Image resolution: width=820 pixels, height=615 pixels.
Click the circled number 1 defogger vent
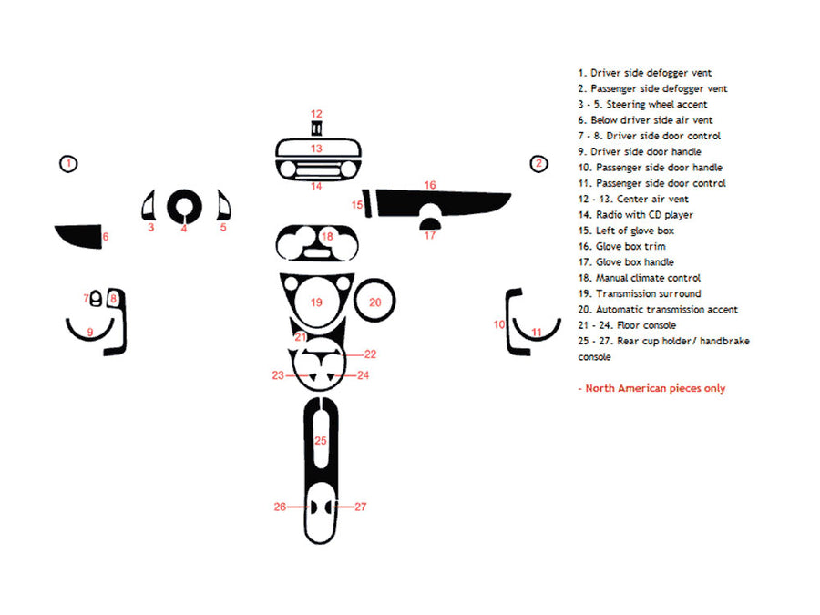pyautogui.click(x=68, y=164)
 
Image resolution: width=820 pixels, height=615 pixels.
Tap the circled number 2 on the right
pyautogui.click(x=538, y=164)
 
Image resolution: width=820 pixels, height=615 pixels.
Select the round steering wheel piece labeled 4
pyautogui.click(x=183, y=208)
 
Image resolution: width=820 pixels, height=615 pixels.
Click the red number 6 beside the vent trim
pyautogui.click(x=106, y=237)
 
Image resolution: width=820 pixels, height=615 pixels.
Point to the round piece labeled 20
pyautogui.click(x=374, y=302)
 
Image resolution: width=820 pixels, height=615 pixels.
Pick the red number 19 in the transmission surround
pyautogui.click(x=316, y=302)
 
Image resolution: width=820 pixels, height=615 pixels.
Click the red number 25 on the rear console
pyautogui.click(x=320, y=440)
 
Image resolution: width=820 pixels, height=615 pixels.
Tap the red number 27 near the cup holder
pyautogui.click(x=360, y=507)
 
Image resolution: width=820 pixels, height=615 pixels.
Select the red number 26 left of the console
pyautogui.click(x=280, y=507)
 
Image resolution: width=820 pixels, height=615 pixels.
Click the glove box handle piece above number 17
pyautogui.click(x=430, y=219)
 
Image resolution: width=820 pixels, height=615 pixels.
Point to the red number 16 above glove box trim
pyautogui.click(x=430, y=185)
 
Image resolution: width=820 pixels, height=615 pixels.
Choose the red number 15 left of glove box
pyautogui.click(x=358, y=205)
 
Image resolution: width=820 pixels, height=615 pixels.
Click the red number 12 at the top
pyautogui.click(x=316, y=114)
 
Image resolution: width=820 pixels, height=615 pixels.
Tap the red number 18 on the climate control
pyautogui.click(x=327, y=237)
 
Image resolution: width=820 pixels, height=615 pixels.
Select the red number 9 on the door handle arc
pyautogui.click(x=90, y=331)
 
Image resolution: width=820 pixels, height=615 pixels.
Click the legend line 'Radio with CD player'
pyautogui.click(x=635, y=215)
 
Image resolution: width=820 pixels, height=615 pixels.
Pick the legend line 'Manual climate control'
pyautogui.click(x=639, y=278)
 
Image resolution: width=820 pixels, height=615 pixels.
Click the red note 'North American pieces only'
pyautogui.click(x=652, y=388)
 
